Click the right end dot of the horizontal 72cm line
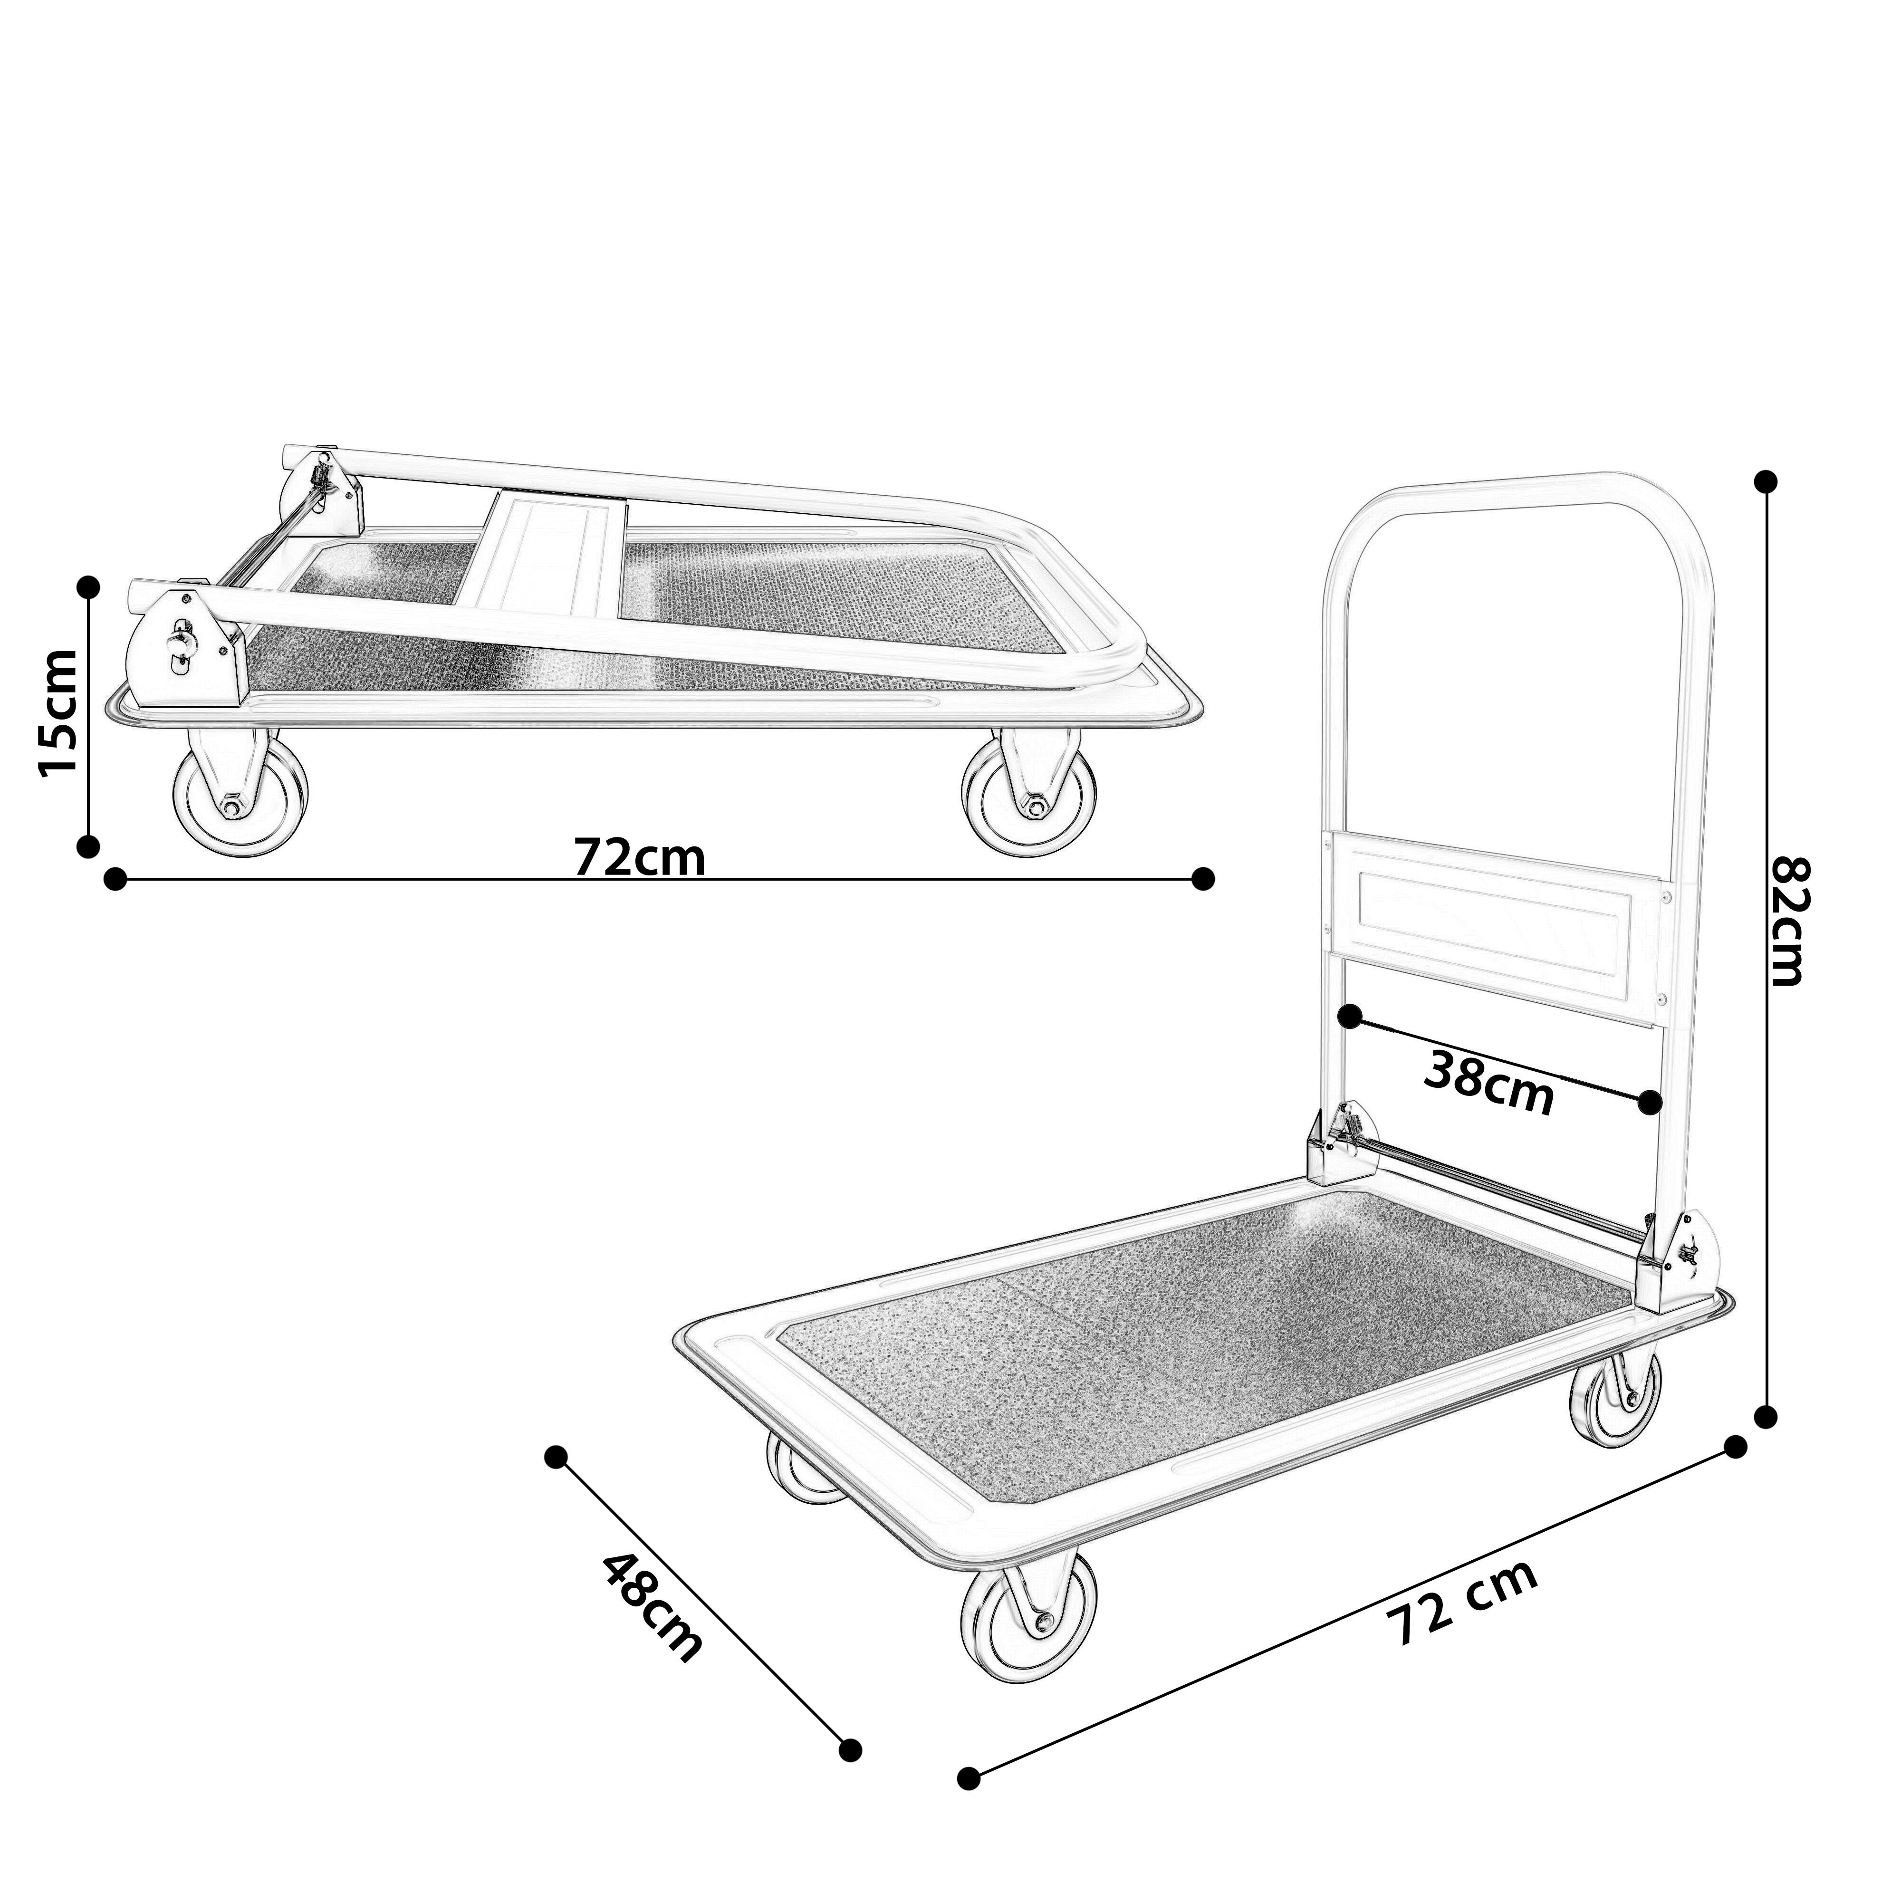coord(1202,879)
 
